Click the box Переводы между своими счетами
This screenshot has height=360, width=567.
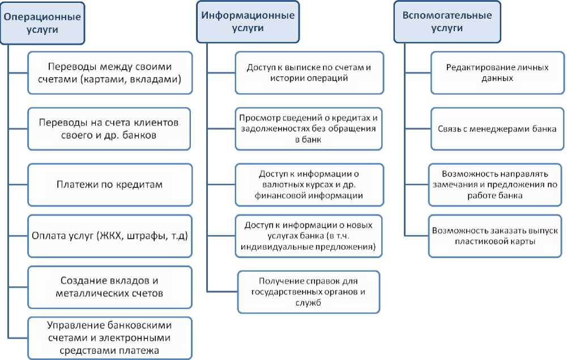(110, 72)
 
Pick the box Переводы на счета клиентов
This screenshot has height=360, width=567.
(110, 130)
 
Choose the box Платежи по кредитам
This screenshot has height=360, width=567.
(110, 184)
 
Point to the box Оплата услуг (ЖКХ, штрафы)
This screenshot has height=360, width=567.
(110, 235)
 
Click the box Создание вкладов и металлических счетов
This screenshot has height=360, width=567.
(110, 287)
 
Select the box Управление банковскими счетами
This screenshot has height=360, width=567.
(110, 338)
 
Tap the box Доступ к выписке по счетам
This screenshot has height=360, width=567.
(309, 72)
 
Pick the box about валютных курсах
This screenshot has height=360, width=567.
(309, 184)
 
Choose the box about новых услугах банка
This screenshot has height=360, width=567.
(309, 235)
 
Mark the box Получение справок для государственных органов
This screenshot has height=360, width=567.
(309, 292)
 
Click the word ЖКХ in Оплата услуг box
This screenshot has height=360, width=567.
(109, 236)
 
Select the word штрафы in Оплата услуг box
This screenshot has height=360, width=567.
(140, 236)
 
